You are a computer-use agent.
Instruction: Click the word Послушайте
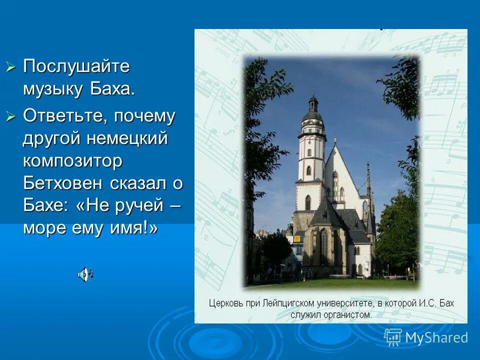[76, 66]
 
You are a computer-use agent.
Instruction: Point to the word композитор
[72, 161]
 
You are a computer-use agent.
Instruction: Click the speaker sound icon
[85, 273]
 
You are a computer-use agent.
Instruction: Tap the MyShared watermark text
[436, 337]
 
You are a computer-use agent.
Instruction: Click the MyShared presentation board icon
[393, 337]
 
